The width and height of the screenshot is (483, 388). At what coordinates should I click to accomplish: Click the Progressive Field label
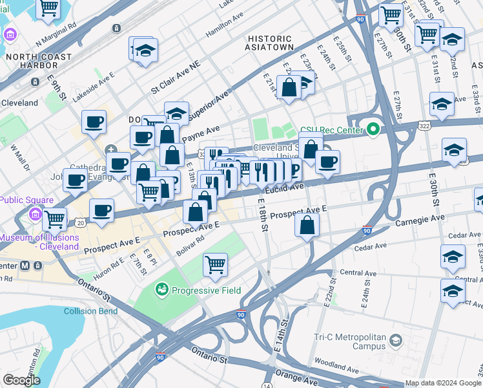206,290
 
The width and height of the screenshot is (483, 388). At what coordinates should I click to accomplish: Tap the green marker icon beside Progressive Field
161,290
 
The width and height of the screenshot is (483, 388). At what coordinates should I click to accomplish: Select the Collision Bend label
90,311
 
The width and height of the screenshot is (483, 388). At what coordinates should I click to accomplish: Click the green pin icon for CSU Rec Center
373,129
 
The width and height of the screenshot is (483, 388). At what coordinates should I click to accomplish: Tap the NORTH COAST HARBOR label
38,61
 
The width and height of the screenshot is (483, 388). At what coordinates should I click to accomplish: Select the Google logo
22,380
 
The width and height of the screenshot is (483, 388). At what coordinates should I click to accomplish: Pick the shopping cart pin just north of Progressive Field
215,264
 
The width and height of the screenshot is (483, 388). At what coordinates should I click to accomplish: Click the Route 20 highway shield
80,222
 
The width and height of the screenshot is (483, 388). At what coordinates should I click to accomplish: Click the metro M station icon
26,265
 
